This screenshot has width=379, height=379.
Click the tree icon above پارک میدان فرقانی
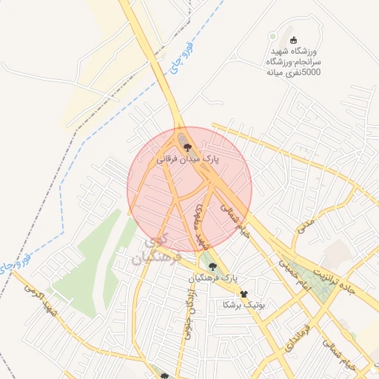click(x=187, y=147)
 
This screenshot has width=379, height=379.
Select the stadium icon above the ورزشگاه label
click(x=293, y=40)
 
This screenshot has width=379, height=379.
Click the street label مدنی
click(x=305, y=225)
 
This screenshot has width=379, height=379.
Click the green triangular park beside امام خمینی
click(x=310, y=281)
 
